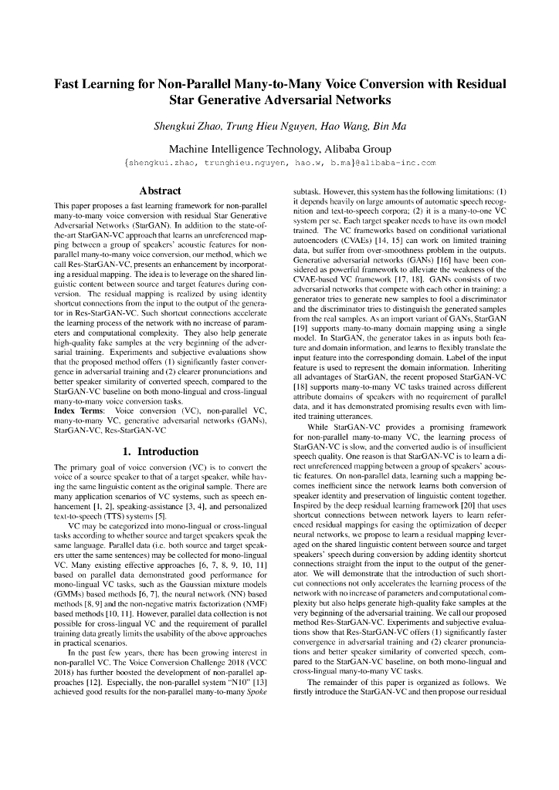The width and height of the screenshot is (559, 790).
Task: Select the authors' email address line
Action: [279, 164]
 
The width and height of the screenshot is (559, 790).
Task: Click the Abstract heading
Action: [159, 191]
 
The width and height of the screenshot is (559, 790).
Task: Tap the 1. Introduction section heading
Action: [159, 451]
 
